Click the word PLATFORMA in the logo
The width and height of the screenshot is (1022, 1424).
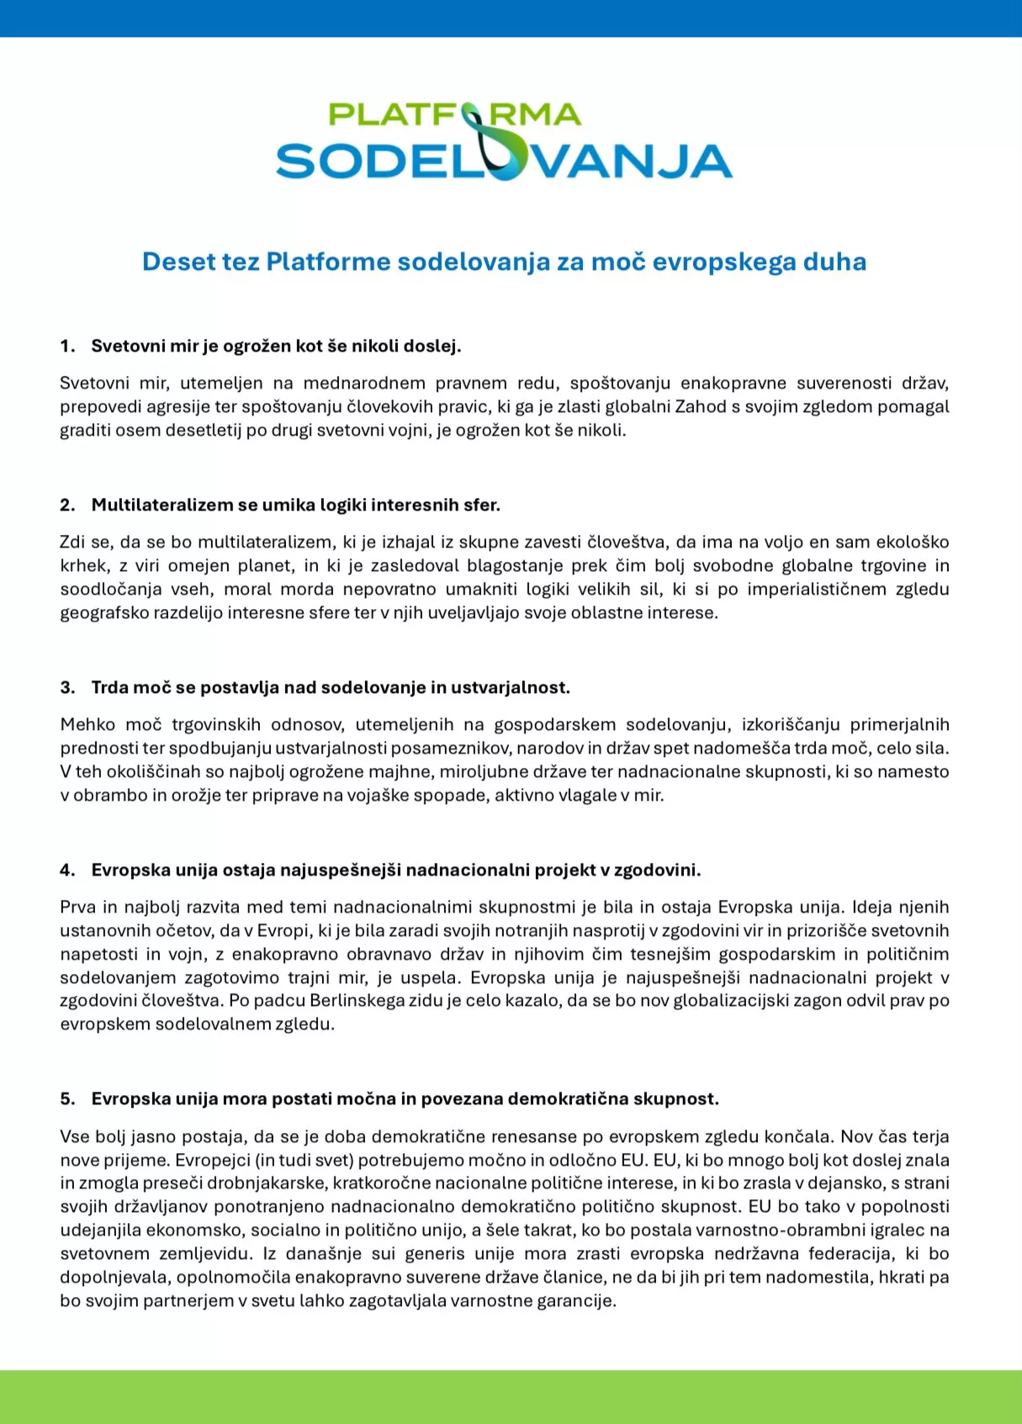[454, 114]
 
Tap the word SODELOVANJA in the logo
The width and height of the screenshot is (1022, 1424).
[504, 161]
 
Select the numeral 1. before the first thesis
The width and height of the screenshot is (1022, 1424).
[67, 346]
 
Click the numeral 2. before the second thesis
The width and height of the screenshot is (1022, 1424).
[67, 505]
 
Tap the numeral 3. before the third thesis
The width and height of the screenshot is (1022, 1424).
[67, 687]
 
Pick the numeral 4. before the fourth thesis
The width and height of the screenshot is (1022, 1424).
[67, 870]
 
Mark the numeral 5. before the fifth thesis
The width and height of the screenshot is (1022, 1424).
[67, 1098]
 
